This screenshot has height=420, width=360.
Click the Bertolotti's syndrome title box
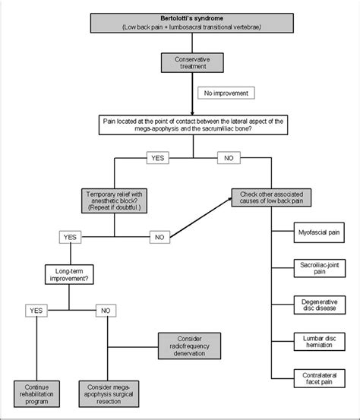click(192, 23)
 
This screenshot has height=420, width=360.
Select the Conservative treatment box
click(192, 63)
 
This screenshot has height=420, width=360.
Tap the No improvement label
click(226, 93)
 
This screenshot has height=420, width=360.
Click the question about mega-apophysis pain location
click(193, 125)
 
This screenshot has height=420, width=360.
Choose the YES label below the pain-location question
click(158, 158)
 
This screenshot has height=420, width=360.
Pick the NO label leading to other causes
click(229, 158)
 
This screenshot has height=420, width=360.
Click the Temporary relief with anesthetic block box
click(114, 201)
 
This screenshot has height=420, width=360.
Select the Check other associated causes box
click(271, 197)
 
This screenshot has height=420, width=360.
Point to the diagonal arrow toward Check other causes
click(201, 217)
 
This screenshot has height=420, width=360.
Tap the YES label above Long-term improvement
click(70, 237)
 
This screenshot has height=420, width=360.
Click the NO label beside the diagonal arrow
click(159, 237)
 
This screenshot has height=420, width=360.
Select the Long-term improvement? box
click(69, 274)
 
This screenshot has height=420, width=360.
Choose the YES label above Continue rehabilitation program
click(36, 311)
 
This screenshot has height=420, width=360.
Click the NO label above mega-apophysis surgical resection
click(106, 311)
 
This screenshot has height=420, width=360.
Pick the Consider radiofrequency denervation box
click(189, 346)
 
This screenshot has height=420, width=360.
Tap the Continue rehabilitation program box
click(36, 394)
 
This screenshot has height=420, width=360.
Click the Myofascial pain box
click(319, 232)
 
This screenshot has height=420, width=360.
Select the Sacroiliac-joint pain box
click(320, 268)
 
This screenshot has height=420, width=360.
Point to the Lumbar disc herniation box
click(319, 342)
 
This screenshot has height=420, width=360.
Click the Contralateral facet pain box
click(319, 378)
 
